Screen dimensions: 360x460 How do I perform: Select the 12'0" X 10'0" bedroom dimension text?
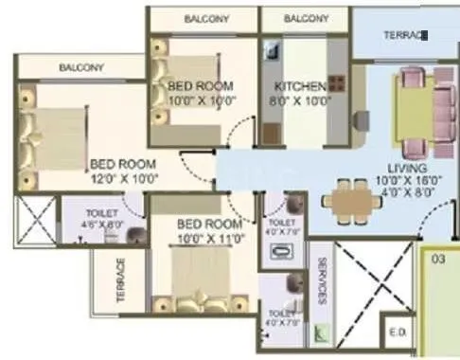pyautogui.click(x=124, y=176)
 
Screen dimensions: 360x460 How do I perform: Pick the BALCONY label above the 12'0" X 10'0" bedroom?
pyautogui.click(x=81, y=67)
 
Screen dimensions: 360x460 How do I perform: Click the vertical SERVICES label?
pyautogui.click(x=323, y=281)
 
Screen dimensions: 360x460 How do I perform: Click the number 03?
pyautogui.click(x=437, y=257)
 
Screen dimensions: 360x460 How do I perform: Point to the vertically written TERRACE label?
pyautogui.click(x=120, y=279)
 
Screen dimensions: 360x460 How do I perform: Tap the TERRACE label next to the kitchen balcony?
pyautogui.click(x=405, y=35)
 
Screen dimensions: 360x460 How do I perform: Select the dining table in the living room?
pyautogui.click(x=346, y=200)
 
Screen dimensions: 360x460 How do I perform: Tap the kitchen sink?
pyautogui.click(x=270, y=52)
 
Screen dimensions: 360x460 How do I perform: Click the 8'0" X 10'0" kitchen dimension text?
pyautogui.click(x=301, y=99)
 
